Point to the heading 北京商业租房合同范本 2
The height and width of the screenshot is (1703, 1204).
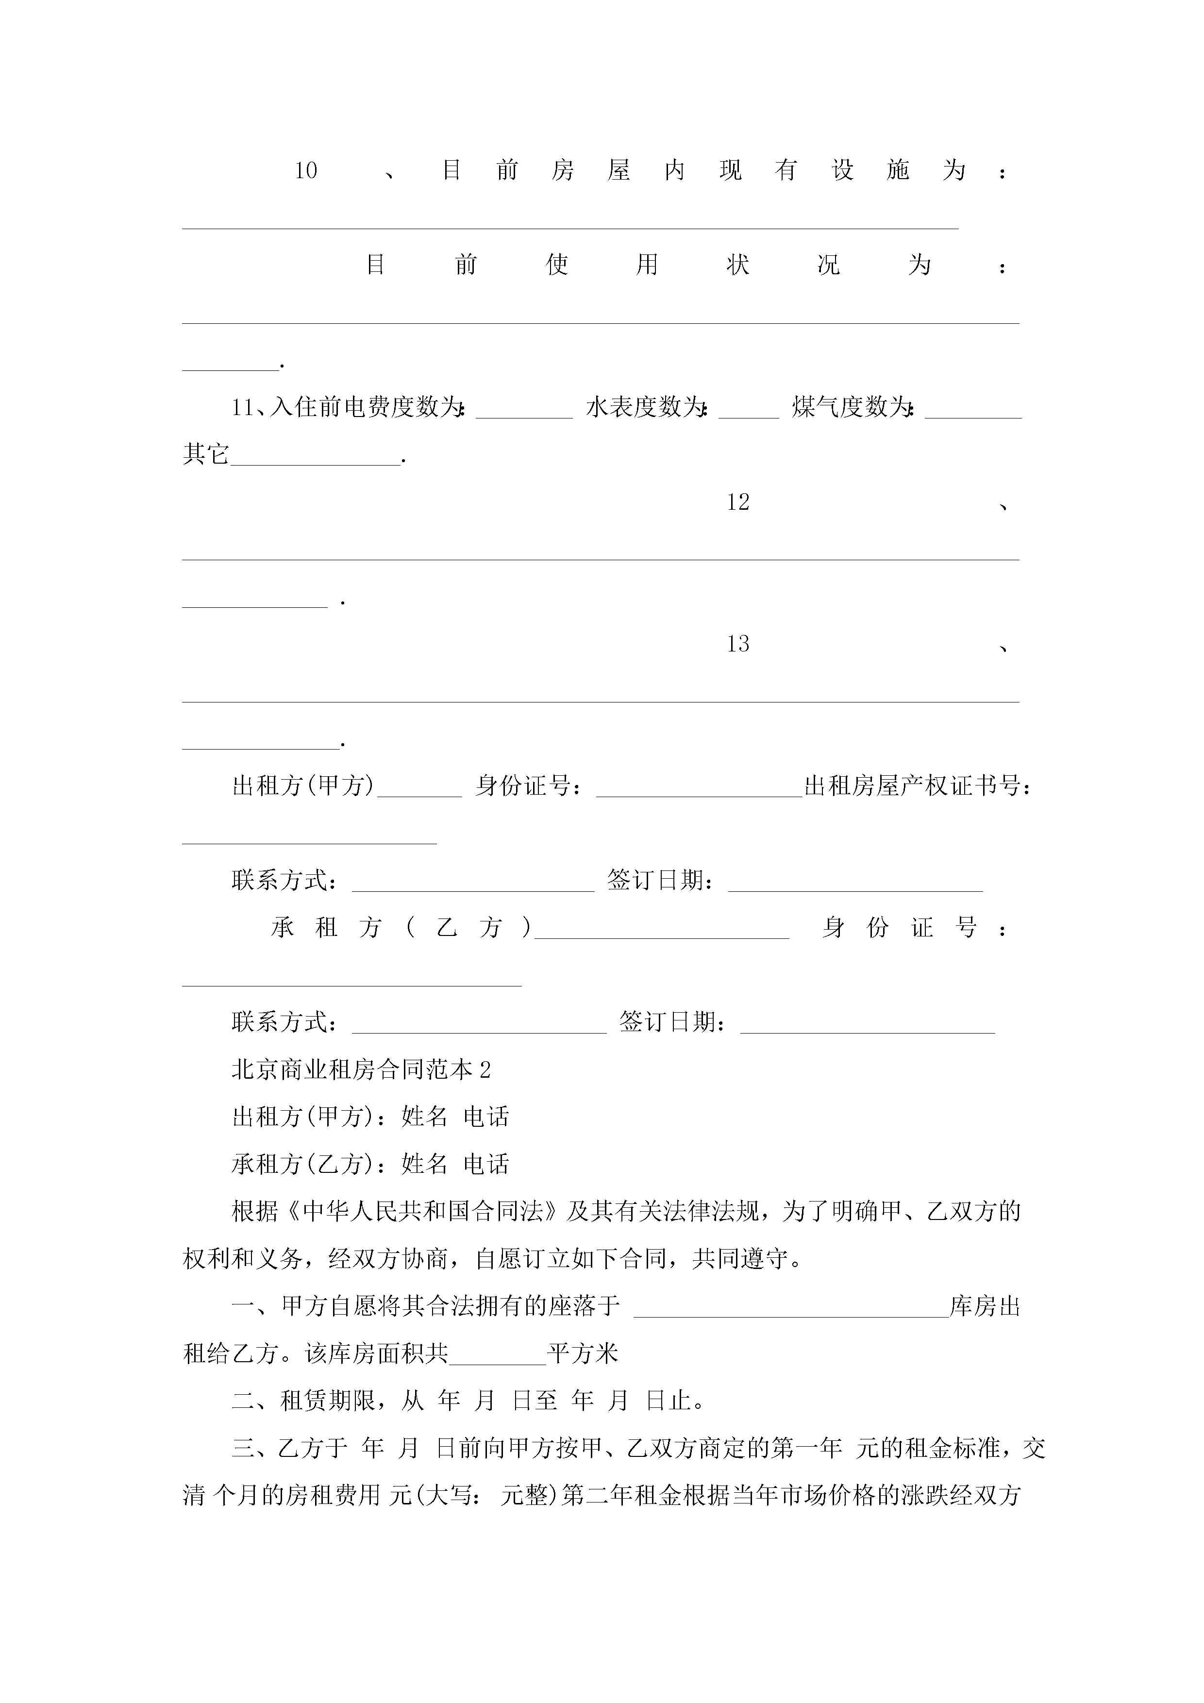coord(361,1069)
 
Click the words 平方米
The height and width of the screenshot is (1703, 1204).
coord(583,1353)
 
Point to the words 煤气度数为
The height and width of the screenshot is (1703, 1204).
coord(851,407)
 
